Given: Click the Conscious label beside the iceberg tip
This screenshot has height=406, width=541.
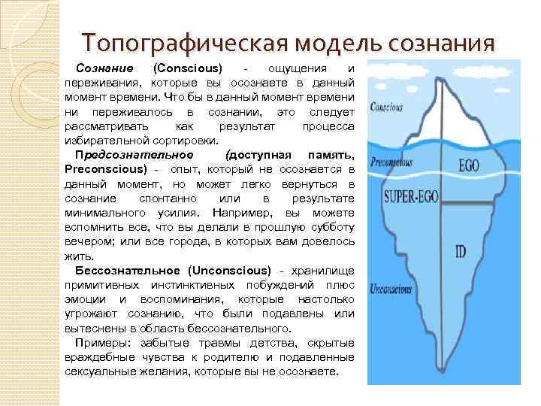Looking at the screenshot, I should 386,108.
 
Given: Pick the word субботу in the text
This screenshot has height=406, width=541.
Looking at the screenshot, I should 329,227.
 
